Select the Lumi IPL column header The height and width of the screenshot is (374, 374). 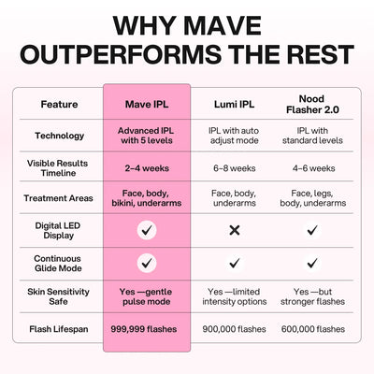click(235, 105)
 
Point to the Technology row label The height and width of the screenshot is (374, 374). click(60, 136)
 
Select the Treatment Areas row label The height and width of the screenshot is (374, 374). click(60, 198)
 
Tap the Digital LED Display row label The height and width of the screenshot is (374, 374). click(60, 229)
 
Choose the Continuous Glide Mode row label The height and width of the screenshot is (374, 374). click(60, 263)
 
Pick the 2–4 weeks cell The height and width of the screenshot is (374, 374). click(146, 167)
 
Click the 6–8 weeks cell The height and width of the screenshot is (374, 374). click(235, 167)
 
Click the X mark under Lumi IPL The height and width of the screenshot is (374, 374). click(235, 229)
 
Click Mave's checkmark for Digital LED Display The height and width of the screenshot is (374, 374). click(146, 229)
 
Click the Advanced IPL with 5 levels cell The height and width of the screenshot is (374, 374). click(146, 136)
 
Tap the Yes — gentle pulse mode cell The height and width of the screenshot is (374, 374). click(146, 297)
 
